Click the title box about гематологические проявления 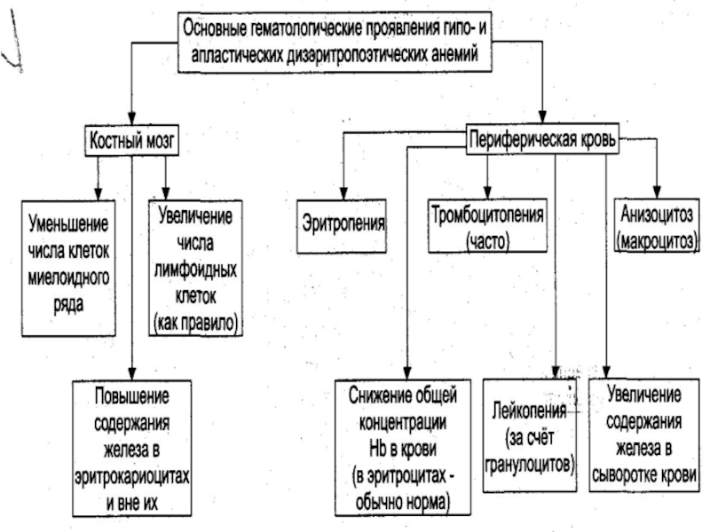pyautogui.click(x=341, y=40)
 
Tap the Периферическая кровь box pyautogui.click(x=540, y=137)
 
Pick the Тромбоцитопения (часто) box pyautogui.click(x=487, y=228)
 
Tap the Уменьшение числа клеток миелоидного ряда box pyautogui.click(x=68, y=265)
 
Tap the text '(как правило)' pyautogui.click(x=195, y=322)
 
